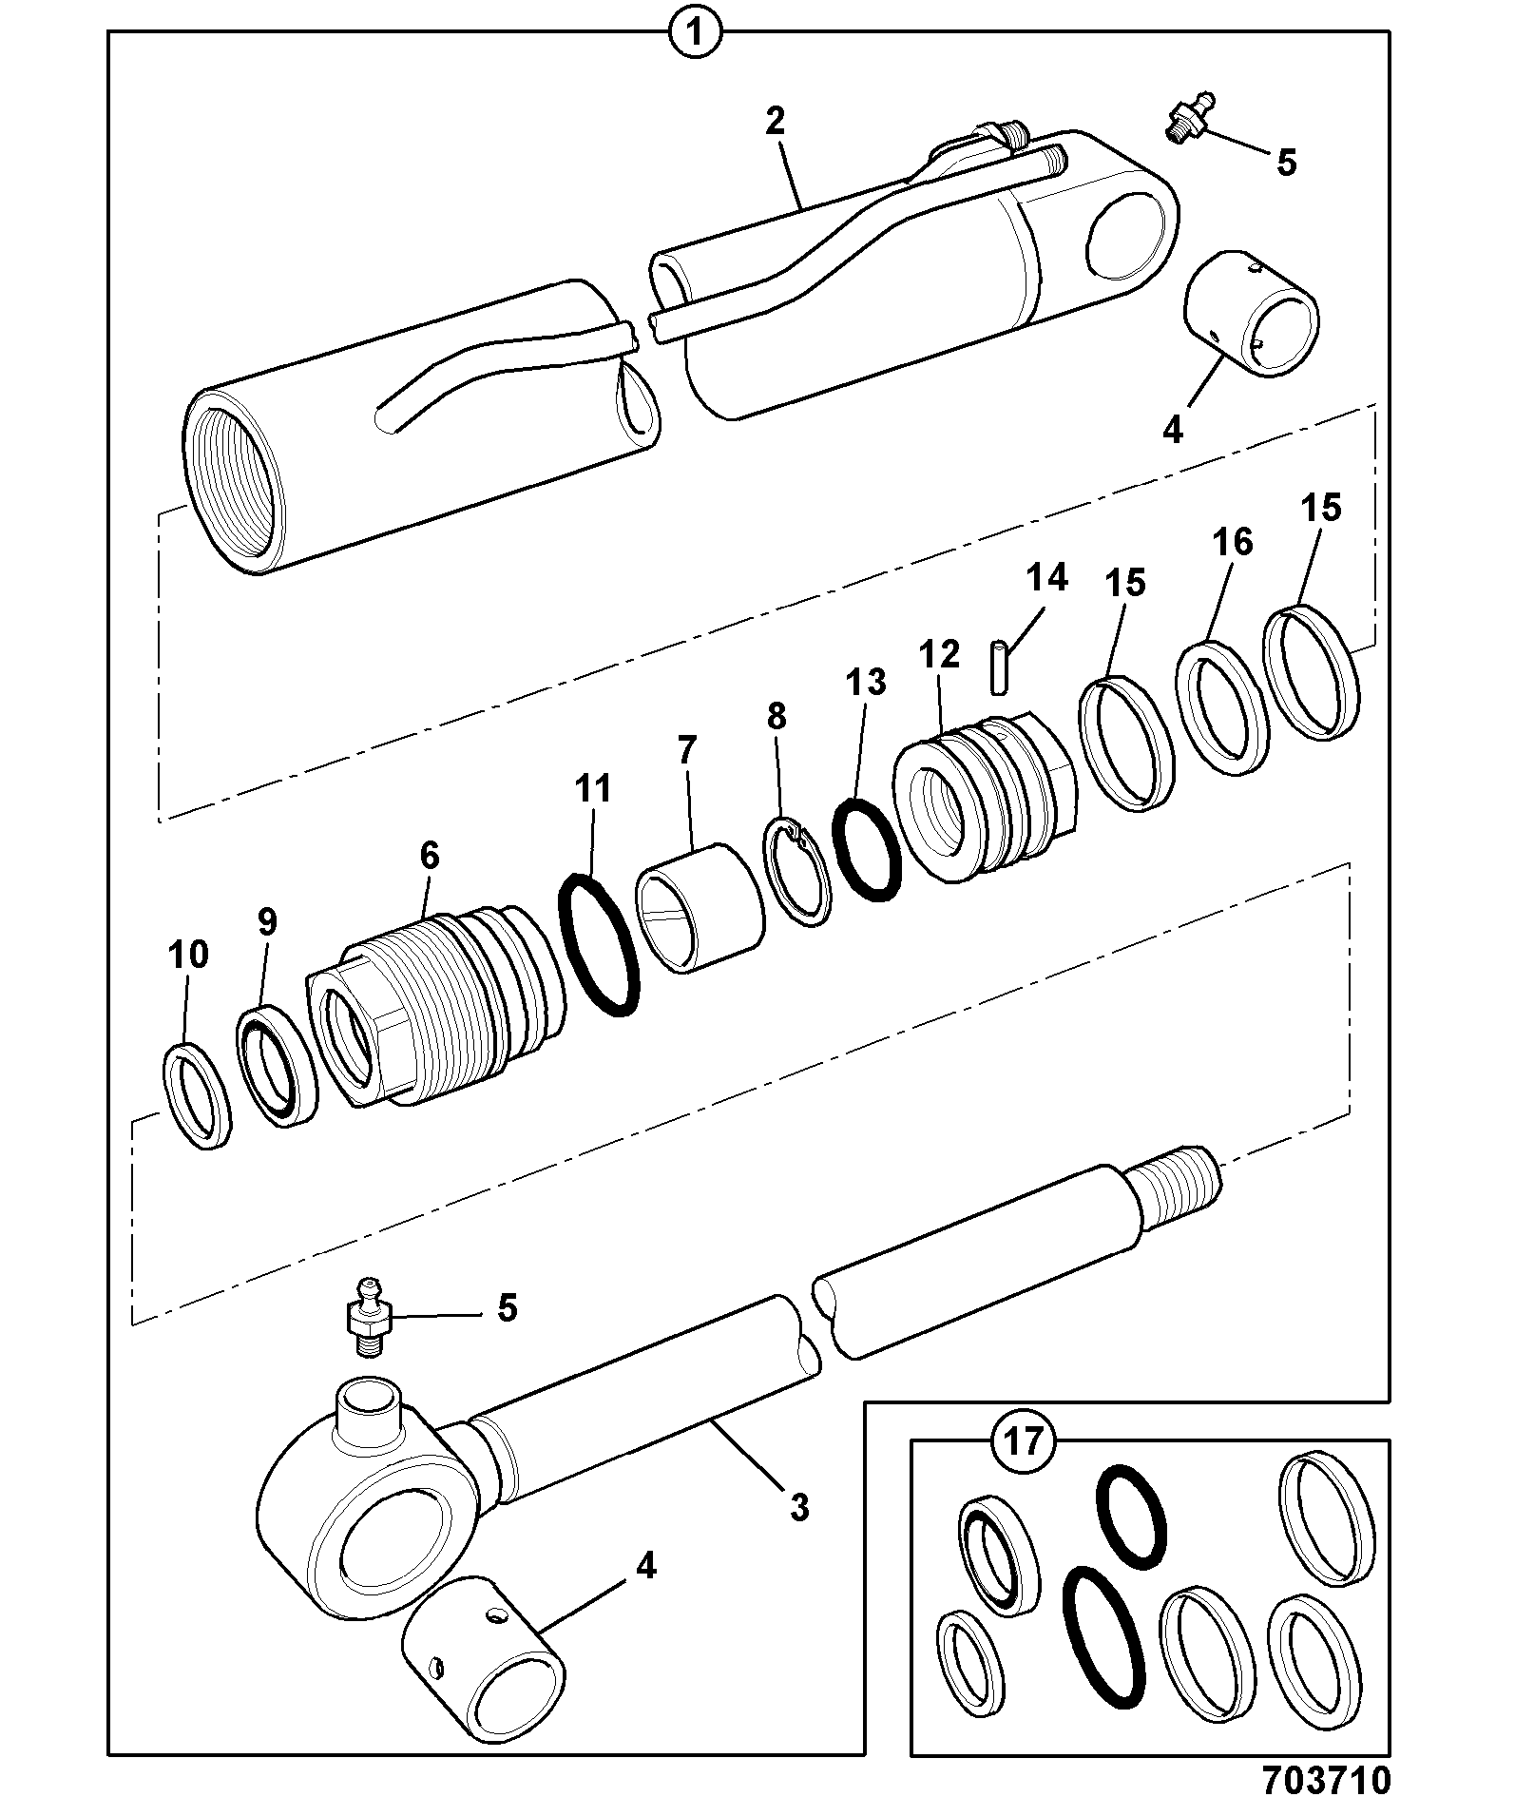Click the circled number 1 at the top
(695, 34)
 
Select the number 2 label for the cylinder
(776, 121)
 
